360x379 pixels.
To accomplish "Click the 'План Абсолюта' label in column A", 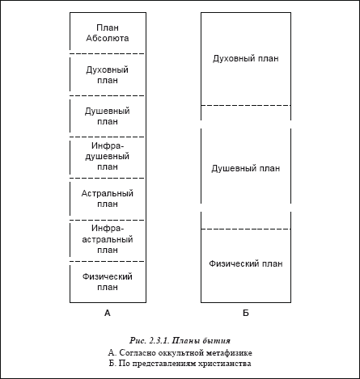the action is pos(108,33).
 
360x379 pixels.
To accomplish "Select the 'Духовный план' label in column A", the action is pos(108,75).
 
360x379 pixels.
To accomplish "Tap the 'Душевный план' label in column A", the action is pos(108,116).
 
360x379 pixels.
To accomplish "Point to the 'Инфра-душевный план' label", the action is pos(108,156).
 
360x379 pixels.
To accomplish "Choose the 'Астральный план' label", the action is pos(108,199).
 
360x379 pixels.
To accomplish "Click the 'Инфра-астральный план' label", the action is pos(108,239).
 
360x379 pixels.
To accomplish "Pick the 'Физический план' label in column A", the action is pos(108,282).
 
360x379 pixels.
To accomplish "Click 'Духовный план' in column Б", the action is pos(246,59).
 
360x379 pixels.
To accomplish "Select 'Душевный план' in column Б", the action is pos(246,169).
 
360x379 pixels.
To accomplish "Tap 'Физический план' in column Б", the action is pos(246,263).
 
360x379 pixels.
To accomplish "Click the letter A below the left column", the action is pos(108,313).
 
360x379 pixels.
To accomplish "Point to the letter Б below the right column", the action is pos(246,313).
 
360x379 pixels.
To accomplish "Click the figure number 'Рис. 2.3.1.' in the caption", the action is pos(150,341).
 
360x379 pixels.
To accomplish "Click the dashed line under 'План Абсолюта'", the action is pos(108,54).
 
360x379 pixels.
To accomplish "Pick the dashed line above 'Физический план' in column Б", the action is pos(246,229).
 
